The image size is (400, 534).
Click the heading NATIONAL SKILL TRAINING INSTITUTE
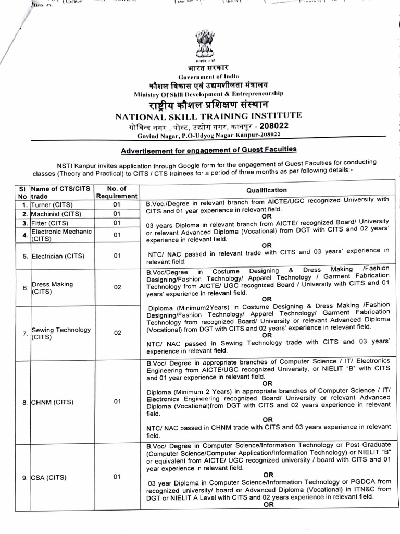coord(208,116)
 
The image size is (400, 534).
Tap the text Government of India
coord(208,77)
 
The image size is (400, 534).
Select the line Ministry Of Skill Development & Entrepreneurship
coord(208,94)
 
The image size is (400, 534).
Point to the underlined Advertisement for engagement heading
coord(208,150)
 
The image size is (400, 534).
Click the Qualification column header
coord(267,190)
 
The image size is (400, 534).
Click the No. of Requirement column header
coord(117,192)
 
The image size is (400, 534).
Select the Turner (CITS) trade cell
coord(53,204)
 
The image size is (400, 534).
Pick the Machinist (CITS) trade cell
coord(56,214)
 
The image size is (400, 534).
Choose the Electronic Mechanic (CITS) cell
coord(61,235)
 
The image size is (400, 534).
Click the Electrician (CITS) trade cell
coord(57,256)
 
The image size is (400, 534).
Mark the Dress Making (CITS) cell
coord(52,288)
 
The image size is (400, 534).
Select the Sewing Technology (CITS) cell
coord(60,333)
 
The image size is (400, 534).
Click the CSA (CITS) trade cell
coord(50,477)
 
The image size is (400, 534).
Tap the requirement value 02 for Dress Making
coord(117,287)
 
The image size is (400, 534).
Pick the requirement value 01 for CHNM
coord(117,402)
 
